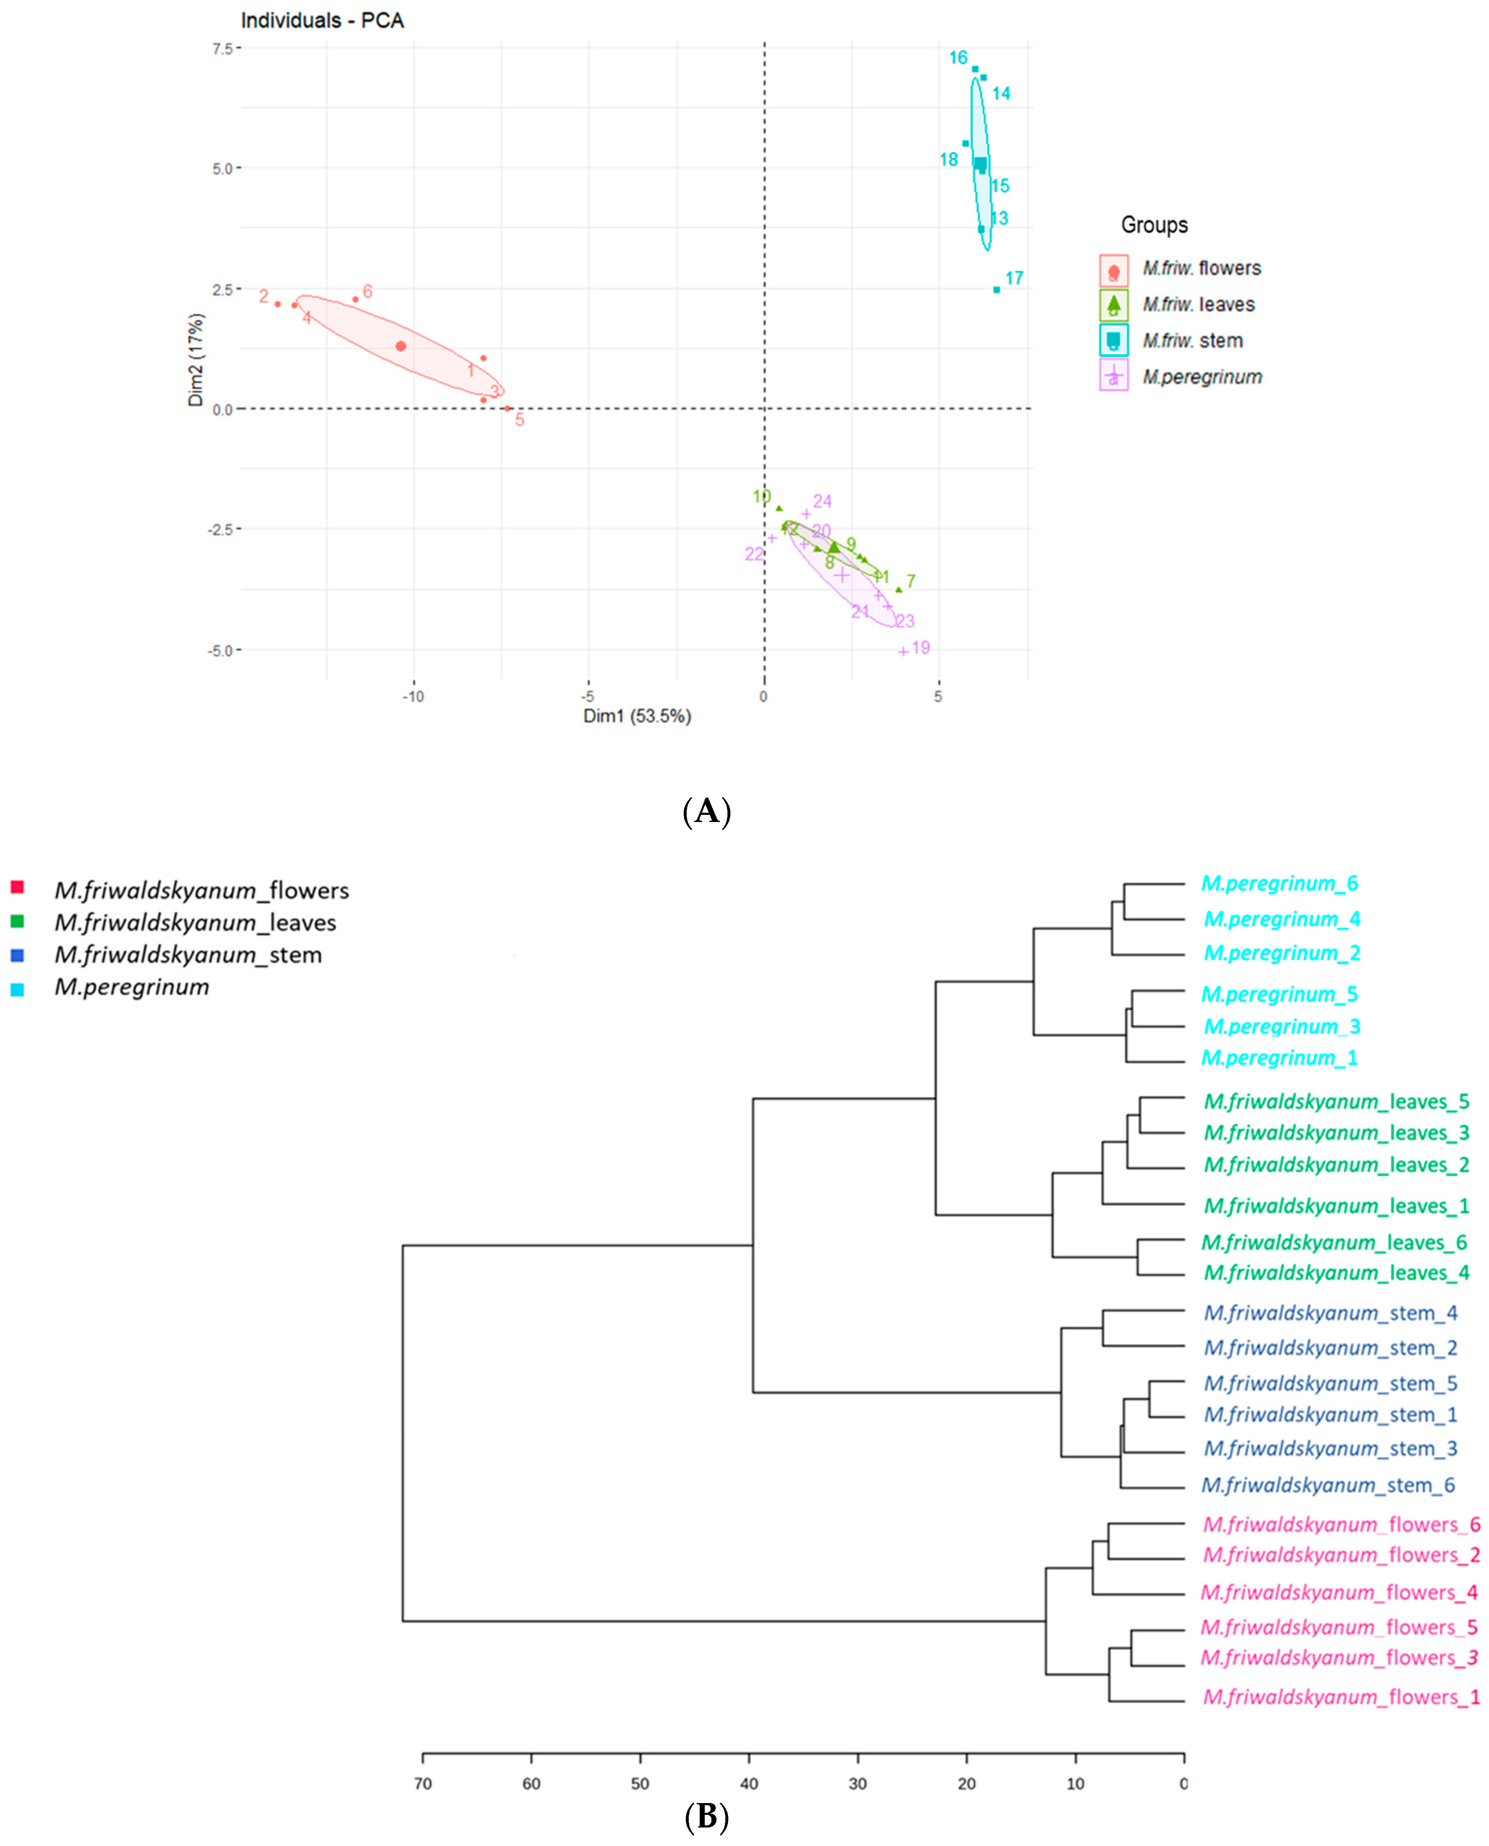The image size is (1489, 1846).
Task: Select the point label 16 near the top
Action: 958,58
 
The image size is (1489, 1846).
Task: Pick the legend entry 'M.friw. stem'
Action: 1192,340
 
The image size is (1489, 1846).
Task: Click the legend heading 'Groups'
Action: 1154,225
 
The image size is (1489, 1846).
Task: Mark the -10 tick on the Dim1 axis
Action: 414,697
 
